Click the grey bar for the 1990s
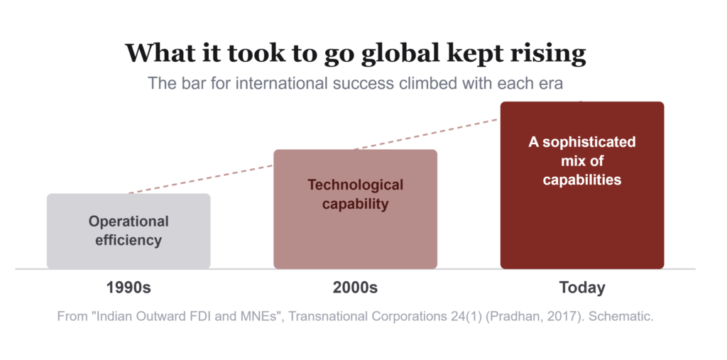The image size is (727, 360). click(129, 231)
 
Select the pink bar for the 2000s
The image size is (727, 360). click(355, 209)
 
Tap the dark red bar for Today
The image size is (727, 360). click(582, 185)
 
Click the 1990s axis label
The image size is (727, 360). click(129, 288)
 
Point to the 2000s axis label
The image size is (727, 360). click(355, 288)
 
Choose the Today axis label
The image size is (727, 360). click(582, 288)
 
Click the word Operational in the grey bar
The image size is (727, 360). click(129, 222)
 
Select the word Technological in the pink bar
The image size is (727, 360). click(355, 185)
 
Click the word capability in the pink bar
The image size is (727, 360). click(355, 204)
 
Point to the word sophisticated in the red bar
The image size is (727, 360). click(589, 142)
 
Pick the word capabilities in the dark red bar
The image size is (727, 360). click(582, 180)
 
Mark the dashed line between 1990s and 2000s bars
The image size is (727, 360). click(201, 179)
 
